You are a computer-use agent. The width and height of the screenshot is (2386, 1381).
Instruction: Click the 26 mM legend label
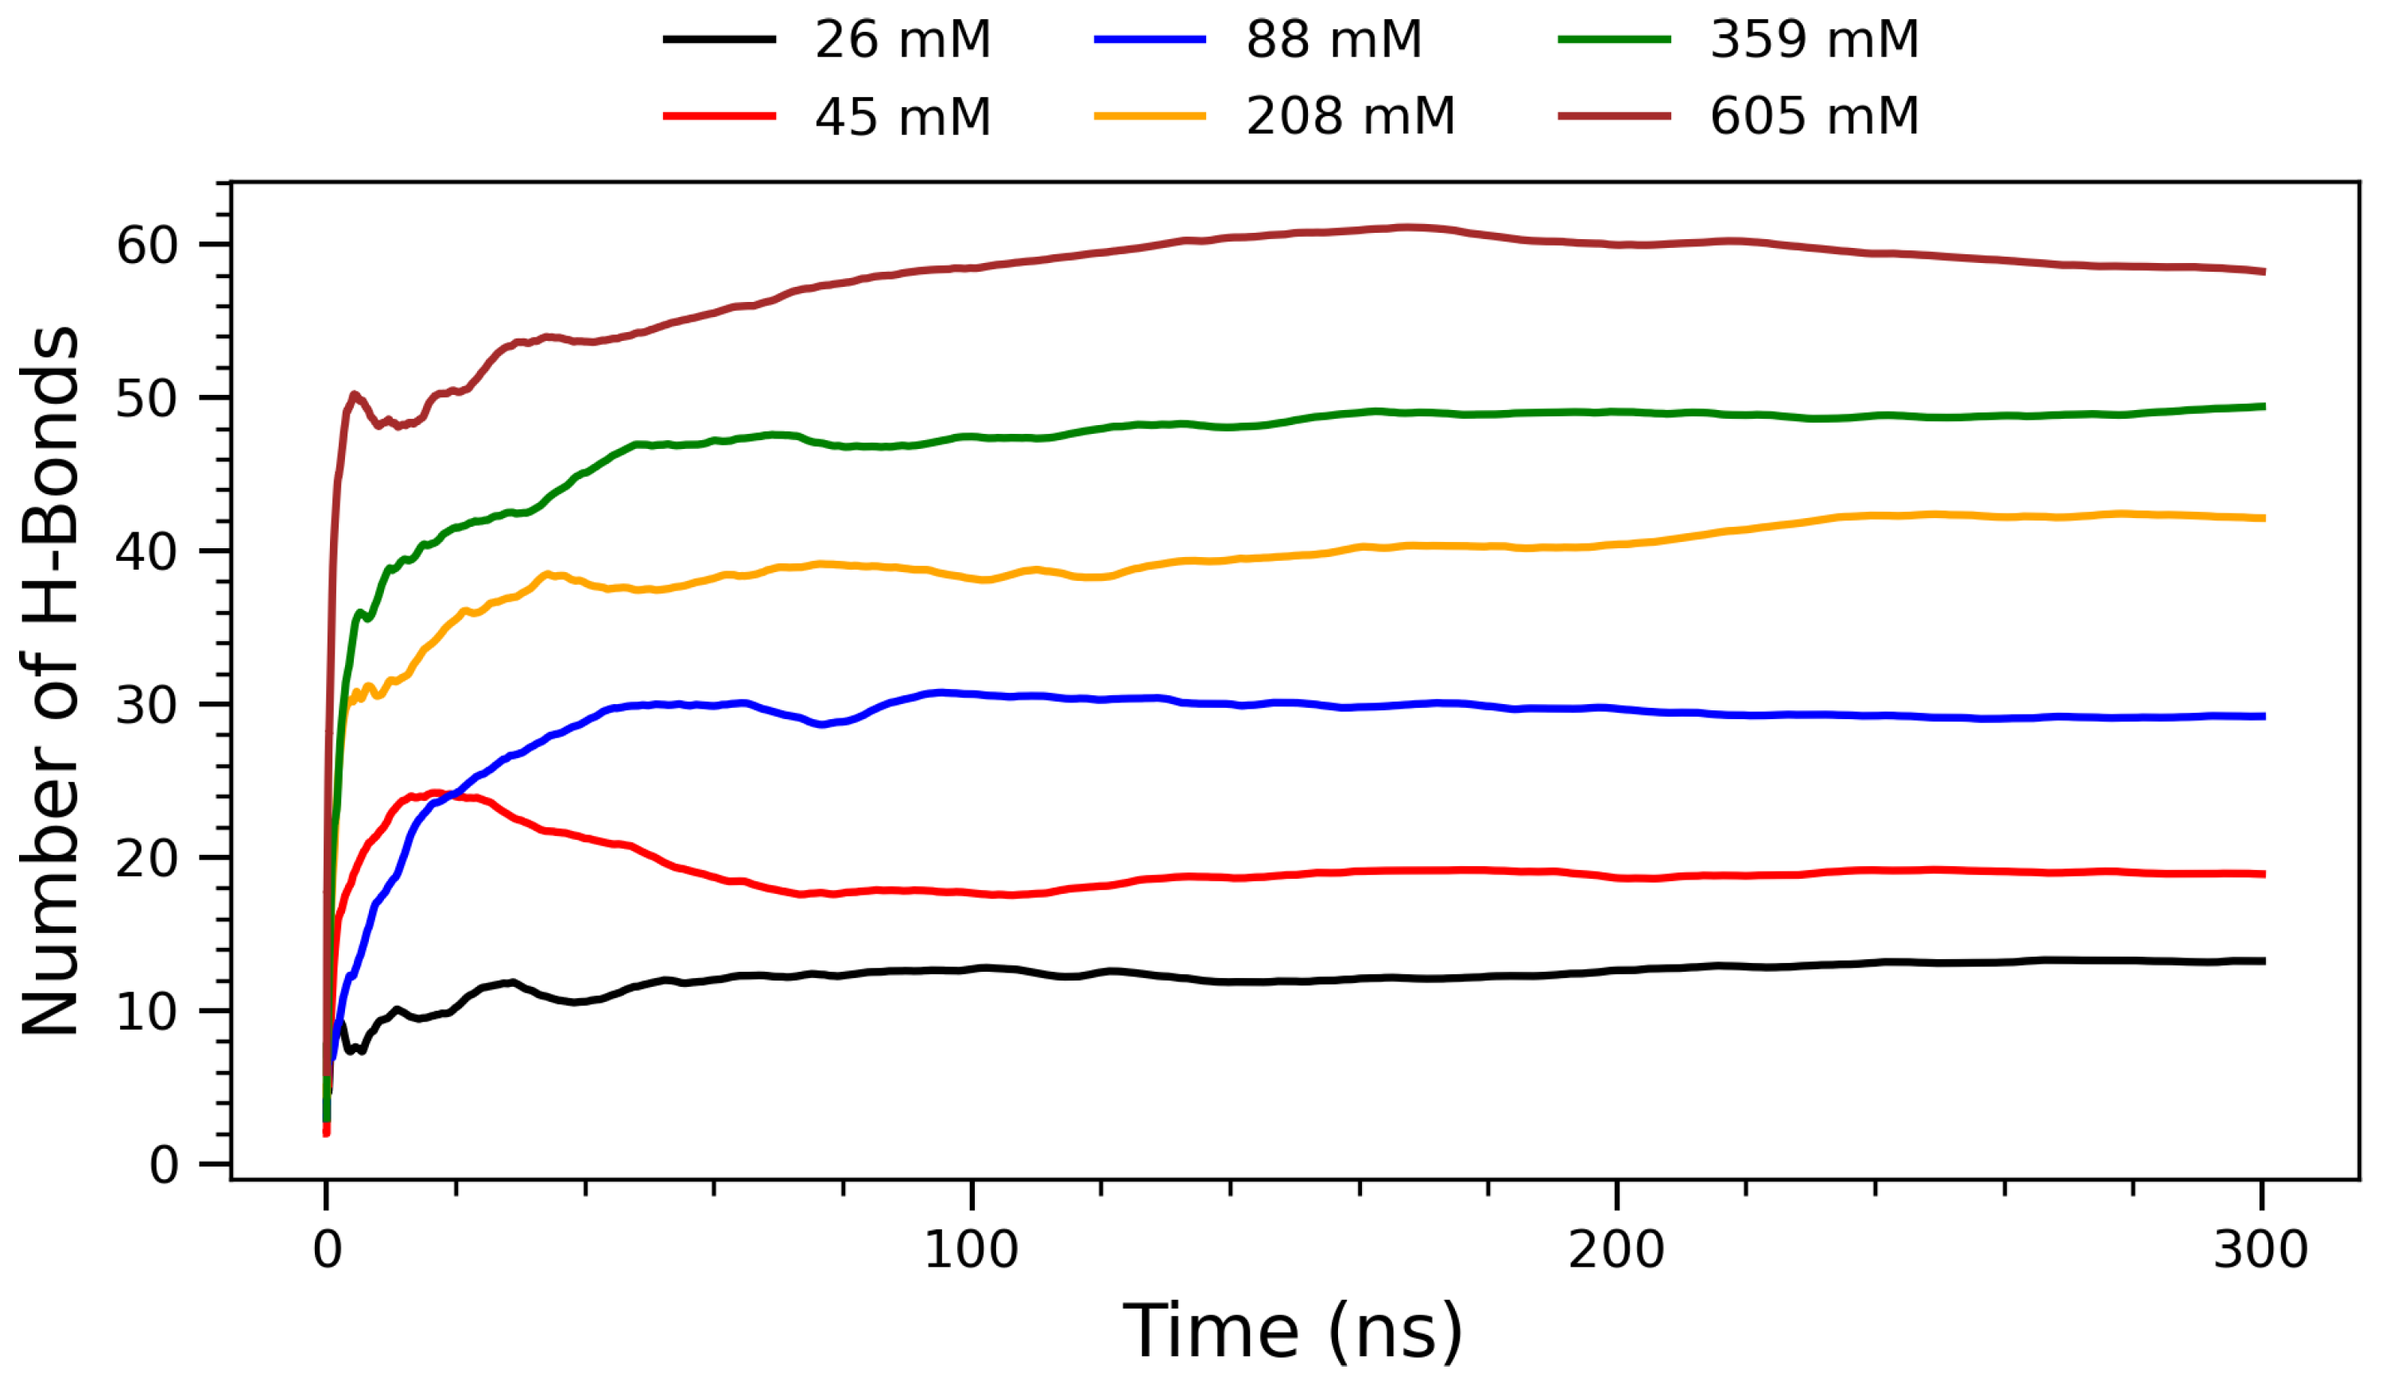902,40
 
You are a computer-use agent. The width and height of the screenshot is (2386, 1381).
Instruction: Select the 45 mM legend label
902,117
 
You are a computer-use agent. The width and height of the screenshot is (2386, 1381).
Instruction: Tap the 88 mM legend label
1333,40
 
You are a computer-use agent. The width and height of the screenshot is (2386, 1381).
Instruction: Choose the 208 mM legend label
1349,117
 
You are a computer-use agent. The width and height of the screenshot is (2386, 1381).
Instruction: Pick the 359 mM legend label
1814,40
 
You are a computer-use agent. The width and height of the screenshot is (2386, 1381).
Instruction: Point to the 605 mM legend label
1814,117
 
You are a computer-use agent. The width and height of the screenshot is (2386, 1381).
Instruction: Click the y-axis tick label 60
147,246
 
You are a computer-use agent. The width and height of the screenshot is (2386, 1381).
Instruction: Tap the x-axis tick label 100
971,1249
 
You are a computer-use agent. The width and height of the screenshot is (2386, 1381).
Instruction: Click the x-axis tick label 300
2260,1249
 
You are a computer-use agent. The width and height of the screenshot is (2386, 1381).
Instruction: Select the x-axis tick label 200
1616,1249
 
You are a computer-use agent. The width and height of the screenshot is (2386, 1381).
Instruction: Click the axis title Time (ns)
1293,1331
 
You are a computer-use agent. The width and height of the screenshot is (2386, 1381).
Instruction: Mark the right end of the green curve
2262,407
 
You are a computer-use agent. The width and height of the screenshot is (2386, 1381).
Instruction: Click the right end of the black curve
2262,961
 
